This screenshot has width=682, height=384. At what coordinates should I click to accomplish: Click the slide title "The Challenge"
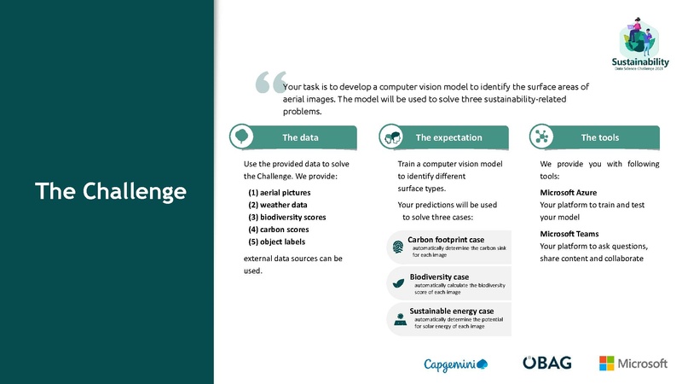[110, 191]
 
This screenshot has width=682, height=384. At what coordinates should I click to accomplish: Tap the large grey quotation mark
[269, 82]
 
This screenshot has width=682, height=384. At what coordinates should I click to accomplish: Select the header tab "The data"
[300, 137]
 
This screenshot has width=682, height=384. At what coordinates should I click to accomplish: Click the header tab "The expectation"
[448, 137]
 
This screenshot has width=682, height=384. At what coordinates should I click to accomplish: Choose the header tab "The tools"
[600, 137]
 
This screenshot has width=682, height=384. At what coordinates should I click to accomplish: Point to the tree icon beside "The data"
[242, 137]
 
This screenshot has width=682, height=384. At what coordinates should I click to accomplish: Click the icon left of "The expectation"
[392, 137]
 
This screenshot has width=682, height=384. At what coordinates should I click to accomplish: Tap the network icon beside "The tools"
[542, 137]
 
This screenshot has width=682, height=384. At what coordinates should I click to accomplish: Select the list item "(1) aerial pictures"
[279, 193]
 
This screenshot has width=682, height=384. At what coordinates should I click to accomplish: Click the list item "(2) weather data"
[277, 205]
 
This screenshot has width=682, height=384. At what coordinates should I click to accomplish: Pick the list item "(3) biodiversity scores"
[286, 218]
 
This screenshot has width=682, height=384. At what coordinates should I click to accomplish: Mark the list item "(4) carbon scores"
[279, 230]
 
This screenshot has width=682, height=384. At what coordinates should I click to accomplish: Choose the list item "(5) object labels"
[276, 241]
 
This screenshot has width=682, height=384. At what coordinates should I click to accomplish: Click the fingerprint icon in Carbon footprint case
[398, 247]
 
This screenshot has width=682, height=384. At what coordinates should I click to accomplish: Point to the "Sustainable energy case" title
[451, 311]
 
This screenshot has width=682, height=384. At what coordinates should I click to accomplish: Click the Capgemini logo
[456, 364]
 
